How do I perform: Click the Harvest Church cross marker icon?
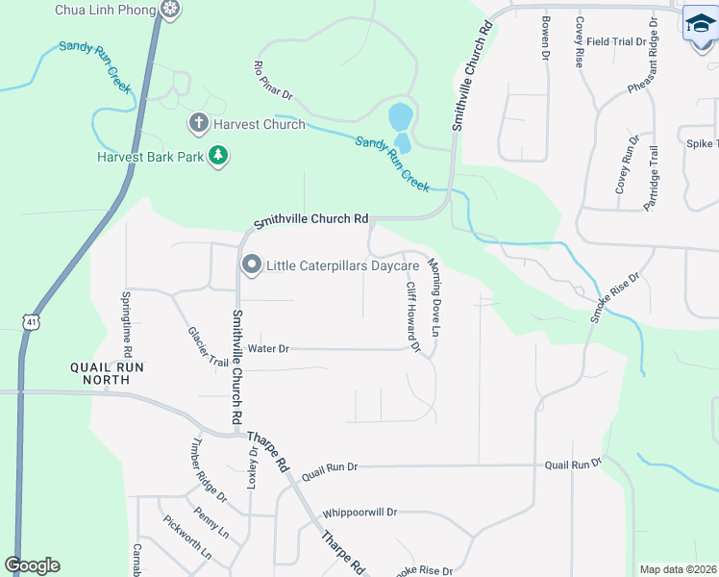coord(198,123)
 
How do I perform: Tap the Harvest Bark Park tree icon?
coord(218,155)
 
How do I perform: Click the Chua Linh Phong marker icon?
coord(170,10)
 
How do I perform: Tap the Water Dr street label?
coord(268,349)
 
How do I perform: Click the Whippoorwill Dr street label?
coord(359,513)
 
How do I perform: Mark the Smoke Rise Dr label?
coord(615,296)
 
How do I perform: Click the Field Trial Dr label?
coord(616,42)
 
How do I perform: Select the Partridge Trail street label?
coord(655,177)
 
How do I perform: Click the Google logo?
coord(32,565)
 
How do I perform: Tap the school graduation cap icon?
coord(701,24)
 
